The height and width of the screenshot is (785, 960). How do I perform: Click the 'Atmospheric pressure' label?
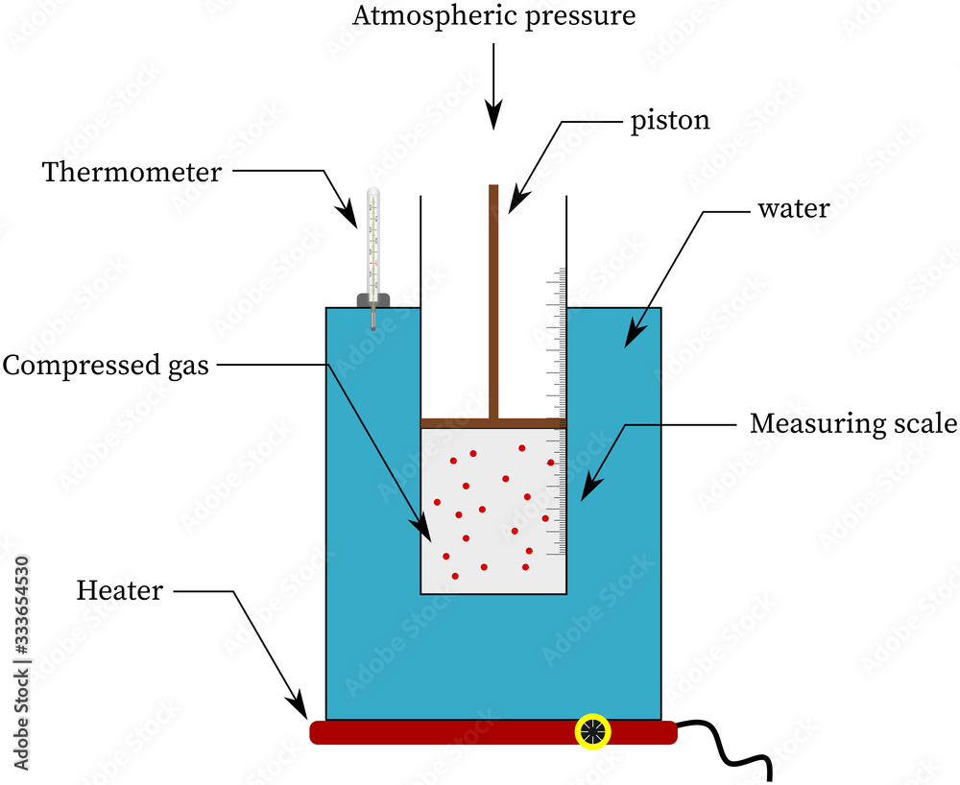[493, 16]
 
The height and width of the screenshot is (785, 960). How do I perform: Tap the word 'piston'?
[670, 121]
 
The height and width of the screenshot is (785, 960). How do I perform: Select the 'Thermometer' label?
[132, 173]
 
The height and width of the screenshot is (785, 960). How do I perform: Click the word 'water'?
[793, 208]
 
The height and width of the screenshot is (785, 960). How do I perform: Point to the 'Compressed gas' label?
[106, 366]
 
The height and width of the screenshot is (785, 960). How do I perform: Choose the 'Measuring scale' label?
[853, 423]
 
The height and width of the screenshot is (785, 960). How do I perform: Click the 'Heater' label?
[120, 590]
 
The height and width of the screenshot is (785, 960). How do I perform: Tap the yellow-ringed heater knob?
[593, 731]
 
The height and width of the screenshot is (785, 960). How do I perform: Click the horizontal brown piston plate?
[493, 423]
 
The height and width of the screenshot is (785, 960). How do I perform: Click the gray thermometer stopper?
[373, 301]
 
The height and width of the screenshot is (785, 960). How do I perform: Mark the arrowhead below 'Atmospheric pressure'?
[493, 117]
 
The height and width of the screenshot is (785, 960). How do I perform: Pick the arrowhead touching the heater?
[300, 706]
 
